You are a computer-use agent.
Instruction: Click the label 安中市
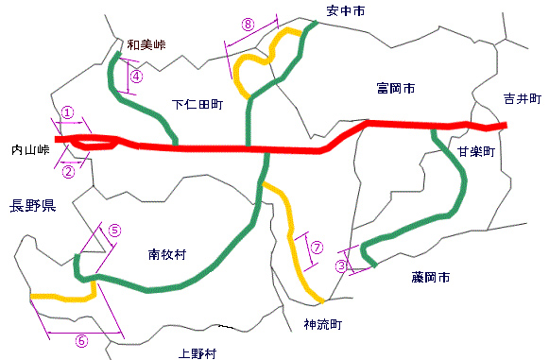pyautogui.click(x=345, y=10)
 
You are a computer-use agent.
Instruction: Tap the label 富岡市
pyautogui.click(x=395, y=89)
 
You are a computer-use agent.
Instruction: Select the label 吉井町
pyautogui.click(x=522, y=98)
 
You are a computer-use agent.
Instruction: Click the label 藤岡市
pyautogui.click(x=431, y=278)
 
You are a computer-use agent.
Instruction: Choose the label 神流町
pyautogui.click(x=322, y=324)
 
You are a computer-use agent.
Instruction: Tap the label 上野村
pyautogui.click(x=197, y=354)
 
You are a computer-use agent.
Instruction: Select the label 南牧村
pyautogui.click(x=167, y=254)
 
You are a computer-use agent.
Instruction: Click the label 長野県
pyautogui.click(x=31, y=205)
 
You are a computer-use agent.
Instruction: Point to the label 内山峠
pyautogui.click(x=28, y=150)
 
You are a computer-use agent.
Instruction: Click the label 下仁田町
pyautogui.click(x=197, y=105)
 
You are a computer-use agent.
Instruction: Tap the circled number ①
pyautogui.click(x=68, y=111)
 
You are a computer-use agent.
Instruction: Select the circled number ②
pyautogui.click(x=68, y=172)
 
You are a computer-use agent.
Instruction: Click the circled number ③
pyautogui.click(x=341, y=266)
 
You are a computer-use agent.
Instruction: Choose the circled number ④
pyautogui.click(x=136, y=76)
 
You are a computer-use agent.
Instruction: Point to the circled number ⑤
pyautogui.click(x=114, y=230)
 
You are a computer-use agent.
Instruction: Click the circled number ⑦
pyautogui.click(x=317, y=248)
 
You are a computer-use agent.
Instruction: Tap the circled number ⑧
pyautogui.click(x=248, y=26)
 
